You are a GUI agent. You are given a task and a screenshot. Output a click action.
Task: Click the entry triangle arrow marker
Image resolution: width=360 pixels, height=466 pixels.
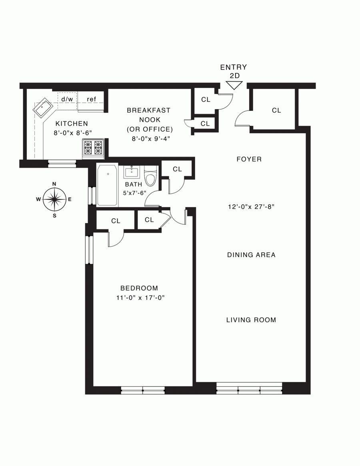click(234, 85)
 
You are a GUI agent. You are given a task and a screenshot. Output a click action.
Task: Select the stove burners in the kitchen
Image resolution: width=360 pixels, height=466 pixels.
click(93, 147)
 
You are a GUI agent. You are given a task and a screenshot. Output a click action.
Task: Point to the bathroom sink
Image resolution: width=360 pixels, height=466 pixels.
click(131, 172)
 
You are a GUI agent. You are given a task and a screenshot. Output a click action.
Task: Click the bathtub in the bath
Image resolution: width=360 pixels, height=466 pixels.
click(107, 185)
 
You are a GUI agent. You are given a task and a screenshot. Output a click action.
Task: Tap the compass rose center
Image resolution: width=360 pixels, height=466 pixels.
click(54, 199)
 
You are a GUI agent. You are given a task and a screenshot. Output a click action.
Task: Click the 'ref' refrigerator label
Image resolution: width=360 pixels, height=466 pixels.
click(92, 99)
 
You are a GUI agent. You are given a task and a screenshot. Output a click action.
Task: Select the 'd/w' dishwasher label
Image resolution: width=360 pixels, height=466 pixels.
click(67, 99)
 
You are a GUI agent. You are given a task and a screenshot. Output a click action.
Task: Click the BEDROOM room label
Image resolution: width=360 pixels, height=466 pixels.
click(139, 288)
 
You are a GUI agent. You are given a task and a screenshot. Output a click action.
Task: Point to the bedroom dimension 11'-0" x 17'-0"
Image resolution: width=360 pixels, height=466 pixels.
click(140, 297)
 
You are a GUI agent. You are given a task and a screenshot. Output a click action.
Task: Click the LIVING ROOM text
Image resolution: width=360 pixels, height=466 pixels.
click(251, 320)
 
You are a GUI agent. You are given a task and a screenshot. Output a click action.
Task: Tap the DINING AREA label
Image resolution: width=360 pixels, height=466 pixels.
click(251, 255)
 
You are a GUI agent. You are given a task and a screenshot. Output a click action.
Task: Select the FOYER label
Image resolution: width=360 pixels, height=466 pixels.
click(249, 159)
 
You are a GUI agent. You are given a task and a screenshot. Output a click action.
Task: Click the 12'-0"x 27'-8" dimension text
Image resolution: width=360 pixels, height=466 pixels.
click(251, 207)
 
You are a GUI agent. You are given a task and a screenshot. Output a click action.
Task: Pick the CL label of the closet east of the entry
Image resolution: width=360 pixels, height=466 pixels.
click(276, 110)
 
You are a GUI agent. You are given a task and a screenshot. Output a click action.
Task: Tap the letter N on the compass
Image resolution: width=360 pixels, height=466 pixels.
click(54, 184)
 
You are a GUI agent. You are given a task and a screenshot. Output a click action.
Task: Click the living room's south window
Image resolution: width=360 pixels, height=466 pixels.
click(249, 388)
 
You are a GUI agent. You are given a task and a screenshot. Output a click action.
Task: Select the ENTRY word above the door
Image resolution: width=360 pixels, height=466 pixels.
click(234, 68)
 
